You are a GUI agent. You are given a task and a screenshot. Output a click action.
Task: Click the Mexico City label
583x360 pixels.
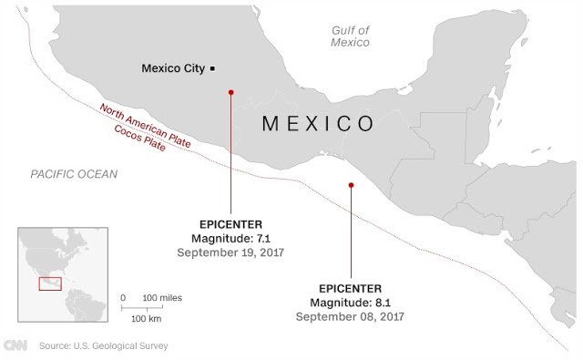tap(173, 68)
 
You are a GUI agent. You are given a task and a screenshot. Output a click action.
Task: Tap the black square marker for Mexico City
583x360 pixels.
tap(212, 68)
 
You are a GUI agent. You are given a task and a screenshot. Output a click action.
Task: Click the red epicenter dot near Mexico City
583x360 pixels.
tap(231, 92)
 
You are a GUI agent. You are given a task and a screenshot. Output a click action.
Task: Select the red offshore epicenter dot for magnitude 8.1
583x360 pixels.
tap(351, 185)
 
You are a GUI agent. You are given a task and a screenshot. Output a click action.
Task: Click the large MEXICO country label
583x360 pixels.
tap(317, 124)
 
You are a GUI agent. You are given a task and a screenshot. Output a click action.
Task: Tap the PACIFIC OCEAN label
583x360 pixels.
tap(73, 174)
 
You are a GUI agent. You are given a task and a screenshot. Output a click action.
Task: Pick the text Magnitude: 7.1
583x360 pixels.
tap(231, 237)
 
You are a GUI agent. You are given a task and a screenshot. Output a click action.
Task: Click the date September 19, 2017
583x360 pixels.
tap(231, 252)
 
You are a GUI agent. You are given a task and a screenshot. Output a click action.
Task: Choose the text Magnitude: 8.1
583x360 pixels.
tap(350, 302)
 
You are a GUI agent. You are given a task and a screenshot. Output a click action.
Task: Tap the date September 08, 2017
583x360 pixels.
tap(350, 316)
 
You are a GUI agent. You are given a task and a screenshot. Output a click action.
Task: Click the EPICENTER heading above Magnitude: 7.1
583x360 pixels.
tap(231, 222)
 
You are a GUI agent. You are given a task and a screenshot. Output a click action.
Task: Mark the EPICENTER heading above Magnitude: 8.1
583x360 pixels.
tap(350, 287)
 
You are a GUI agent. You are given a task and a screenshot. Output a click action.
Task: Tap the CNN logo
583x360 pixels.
tap(15, 345)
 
